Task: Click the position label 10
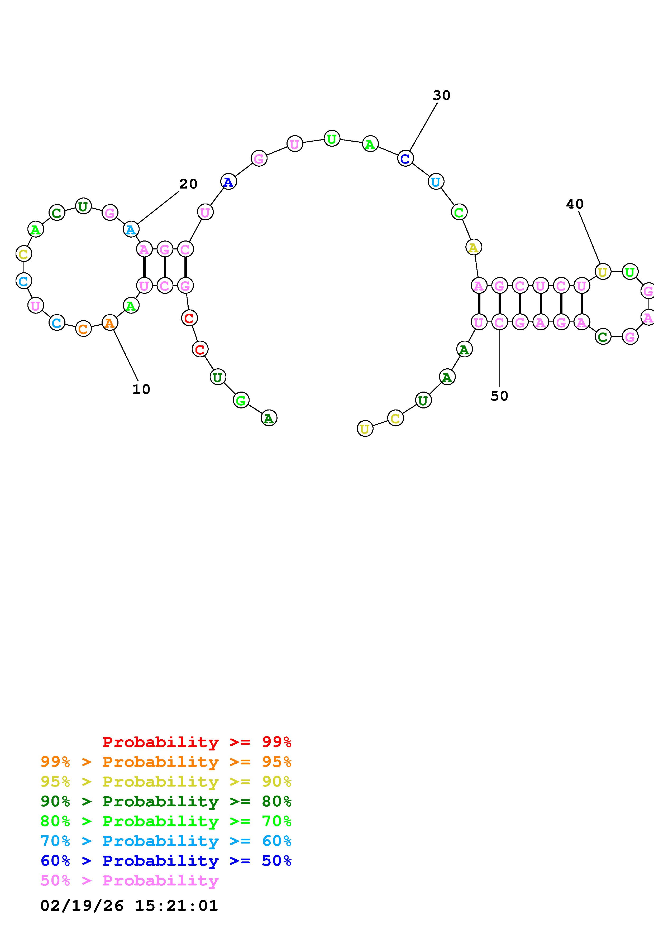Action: [141, 389]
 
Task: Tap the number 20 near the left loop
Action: [188, 184]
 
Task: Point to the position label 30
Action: [441, 95]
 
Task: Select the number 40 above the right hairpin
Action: [575, 204]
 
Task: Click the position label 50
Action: [499, 396]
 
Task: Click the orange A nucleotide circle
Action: [109, 323]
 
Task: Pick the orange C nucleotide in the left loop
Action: [83, 329]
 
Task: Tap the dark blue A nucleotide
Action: [228, 182]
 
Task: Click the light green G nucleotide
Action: [241, 400]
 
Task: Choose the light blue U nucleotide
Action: [436, 182]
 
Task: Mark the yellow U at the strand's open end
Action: [365, 429]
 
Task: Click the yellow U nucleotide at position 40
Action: [602, 272]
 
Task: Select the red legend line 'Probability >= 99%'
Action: [197, 742]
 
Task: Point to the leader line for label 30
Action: [423, 127]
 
